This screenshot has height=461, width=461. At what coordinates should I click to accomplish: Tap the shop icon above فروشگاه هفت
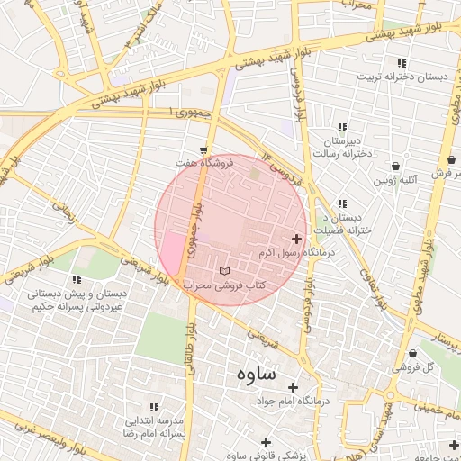(x=203, y=150)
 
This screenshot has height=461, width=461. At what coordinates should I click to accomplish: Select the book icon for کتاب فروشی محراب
(x=224, y=271)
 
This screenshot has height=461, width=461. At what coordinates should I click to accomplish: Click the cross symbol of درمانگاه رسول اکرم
(x=297, y=239)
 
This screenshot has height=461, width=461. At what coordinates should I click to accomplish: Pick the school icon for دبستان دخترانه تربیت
(x=402, y=63)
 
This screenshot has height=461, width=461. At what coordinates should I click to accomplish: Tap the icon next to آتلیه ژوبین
(x=396, y=167)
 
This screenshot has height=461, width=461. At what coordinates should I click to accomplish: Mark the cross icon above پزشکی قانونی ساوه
(x=265, y=441)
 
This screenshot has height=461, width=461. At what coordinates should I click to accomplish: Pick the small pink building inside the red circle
(x=169, y=247)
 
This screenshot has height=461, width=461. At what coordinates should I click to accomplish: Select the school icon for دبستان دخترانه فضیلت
(x=341, y=204)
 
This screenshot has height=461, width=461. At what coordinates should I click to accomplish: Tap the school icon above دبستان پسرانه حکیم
(x=77, y=279)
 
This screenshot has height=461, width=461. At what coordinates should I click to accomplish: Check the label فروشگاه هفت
(x=204, y=163)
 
